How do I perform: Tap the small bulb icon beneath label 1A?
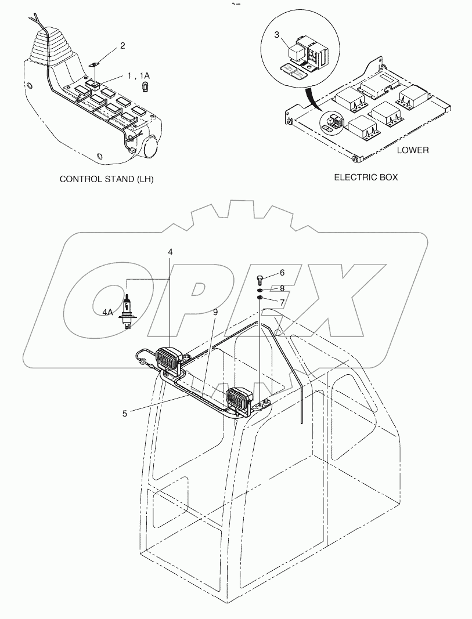click(146, 87)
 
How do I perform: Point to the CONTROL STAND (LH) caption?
click(107, 179)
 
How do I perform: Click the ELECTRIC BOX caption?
click(366, 178)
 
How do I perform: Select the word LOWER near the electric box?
click(413, 150)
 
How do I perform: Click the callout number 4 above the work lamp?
click(170, 252)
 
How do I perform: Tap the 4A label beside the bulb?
click(108, 312)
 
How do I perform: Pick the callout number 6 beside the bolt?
click(282, 272)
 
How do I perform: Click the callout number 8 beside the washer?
click(282, 288)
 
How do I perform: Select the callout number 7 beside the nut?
click(282, 302)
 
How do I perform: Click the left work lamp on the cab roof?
click(169, 357)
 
